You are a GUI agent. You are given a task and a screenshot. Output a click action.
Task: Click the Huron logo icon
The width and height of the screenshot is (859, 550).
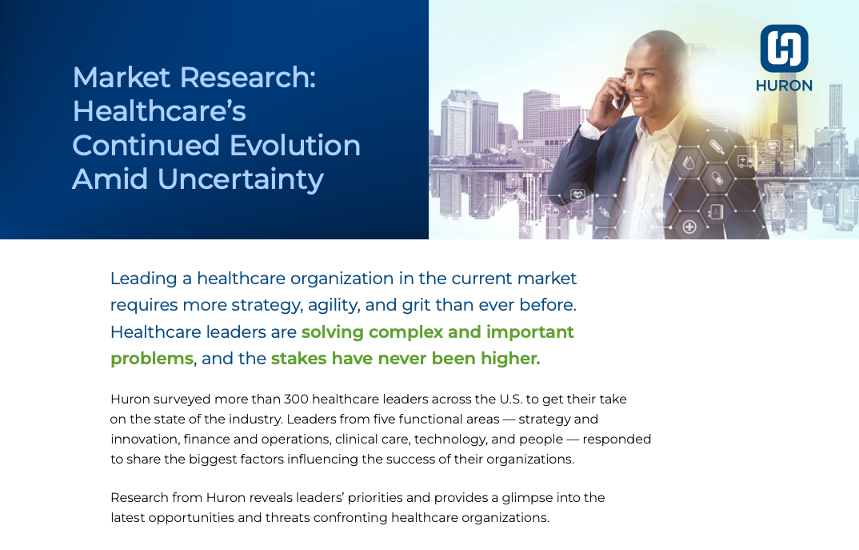(784, 48)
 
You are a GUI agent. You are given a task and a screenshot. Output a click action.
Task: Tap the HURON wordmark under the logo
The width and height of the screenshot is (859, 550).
(784, 86)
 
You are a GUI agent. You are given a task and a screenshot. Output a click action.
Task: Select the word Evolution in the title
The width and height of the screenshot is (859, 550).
(295, 146)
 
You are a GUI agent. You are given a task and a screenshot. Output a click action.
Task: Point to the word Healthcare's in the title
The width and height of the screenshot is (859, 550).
(159, 111)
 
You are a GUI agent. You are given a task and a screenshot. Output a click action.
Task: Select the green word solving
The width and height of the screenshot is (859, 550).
(333, 332)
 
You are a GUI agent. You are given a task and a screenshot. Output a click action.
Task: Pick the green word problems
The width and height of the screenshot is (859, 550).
(152, 359)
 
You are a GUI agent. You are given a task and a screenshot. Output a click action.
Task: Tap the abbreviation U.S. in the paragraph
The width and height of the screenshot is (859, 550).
(510, 399)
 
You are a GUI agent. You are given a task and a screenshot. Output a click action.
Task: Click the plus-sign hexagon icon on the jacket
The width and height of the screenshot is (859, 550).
(689, 227)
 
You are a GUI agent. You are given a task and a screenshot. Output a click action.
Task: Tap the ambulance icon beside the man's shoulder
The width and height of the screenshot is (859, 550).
(745, 161)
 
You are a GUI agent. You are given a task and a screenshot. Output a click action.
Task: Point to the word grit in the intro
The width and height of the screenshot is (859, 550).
(416, 306)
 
